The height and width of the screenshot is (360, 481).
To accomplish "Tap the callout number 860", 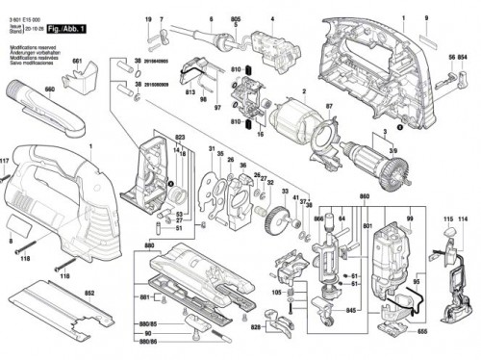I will tap(364, 197).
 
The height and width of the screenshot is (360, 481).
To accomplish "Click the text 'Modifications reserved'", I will tap(28, 45).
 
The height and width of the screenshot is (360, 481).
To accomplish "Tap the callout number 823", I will tap(180, 139).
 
